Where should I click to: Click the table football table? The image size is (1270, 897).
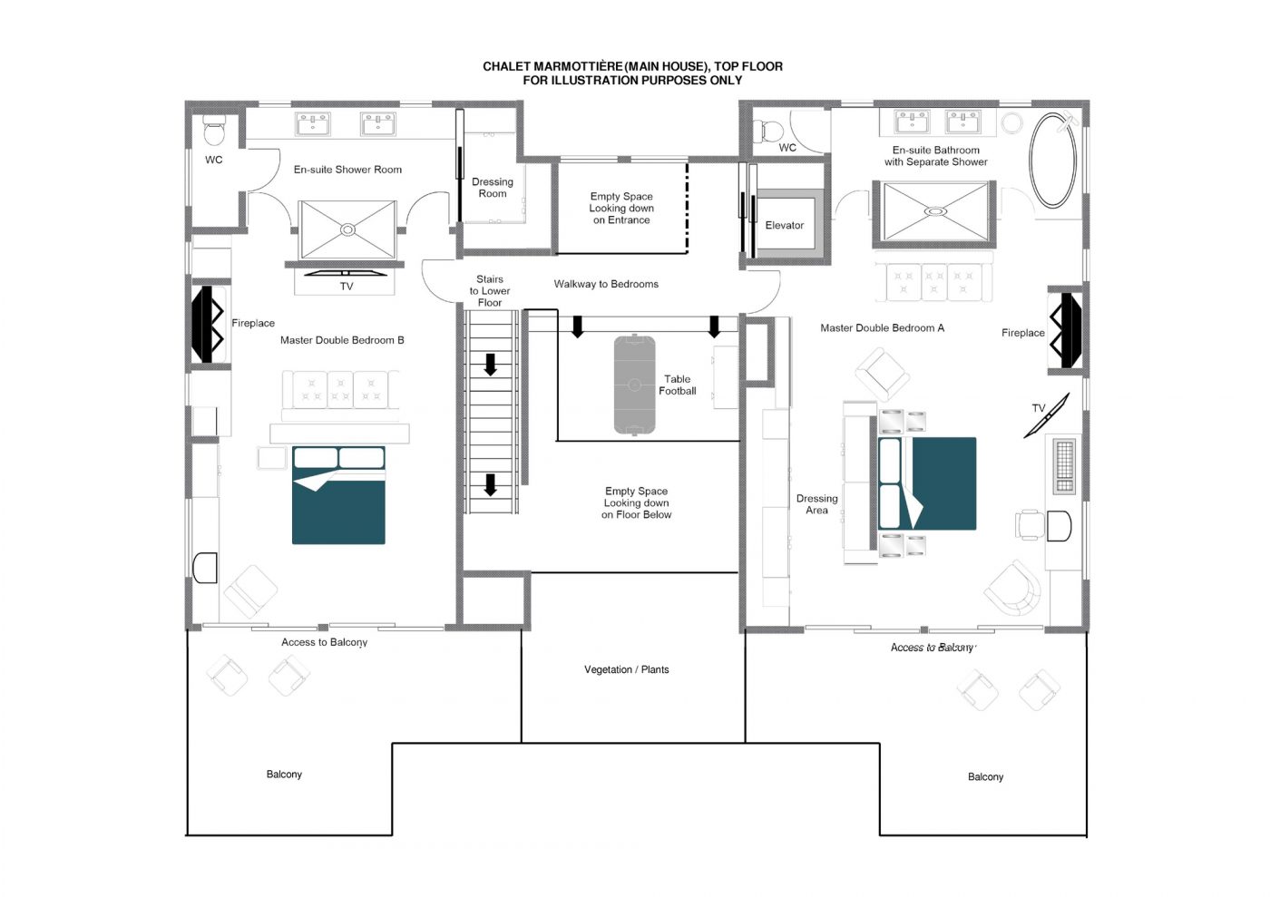(634, 385)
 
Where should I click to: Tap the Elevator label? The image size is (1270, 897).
(784, 225)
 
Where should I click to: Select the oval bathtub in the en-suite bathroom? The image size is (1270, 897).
(1052, 160)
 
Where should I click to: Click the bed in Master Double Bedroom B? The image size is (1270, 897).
(338, 495)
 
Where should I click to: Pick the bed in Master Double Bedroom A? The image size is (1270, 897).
(927, 483)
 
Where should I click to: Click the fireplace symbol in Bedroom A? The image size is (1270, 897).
(1066, 330)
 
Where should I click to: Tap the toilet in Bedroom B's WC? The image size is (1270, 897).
(214, 131)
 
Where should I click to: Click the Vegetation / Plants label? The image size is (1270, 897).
(627, 669)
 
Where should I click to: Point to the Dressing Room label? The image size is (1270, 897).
(492, 188)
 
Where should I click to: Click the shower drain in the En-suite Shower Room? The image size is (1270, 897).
(347, 229)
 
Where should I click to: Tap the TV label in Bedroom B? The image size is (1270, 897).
(347, 287)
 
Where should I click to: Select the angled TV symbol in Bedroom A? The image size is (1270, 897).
(1047, 415)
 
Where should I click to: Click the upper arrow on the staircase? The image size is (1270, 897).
(490, 365)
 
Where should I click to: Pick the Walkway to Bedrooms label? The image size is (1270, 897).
(606, 284)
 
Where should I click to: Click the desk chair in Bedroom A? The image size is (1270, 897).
(1029, 524)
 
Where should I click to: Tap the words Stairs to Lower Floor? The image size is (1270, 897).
(489, 291)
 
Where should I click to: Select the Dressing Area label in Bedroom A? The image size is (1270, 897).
(816, 504)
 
